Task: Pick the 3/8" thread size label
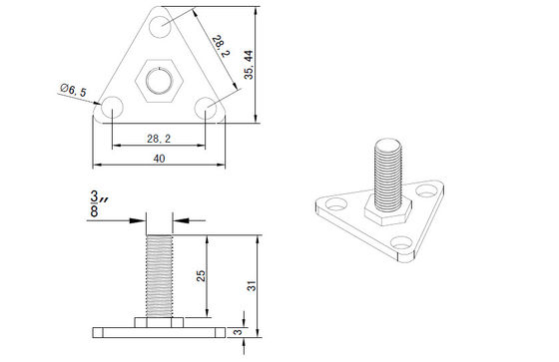(96, 204)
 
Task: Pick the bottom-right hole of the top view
(206, 105)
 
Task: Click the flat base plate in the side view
(159, 330)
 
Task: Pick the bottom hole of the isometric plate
(404, 242)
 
